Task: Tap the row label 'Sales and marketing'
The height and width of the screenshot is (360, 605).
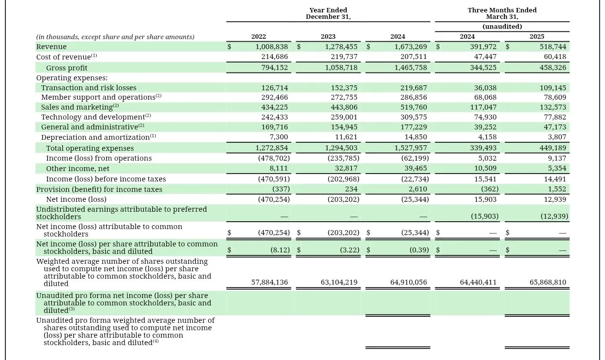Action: pyautogui.click(x=77, y=107)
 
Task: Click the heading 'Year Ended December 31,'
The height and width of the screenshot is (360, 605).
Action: pyautogui.click(x=328, y=13)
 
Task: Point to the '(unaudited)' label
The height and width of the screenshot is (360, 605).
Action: pyautogui.click(x=502, y=26)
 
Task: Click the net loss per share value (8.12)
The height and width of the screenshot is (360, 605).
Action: pyautogui.click(x=280, y=250)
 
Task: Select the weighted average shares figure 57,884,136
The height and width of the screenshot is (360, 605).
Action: pyautogui.click(x=269, y=283)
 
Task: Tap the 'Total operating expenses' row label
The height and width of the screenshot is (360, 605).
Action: pyautogui.click(x=90, y=148)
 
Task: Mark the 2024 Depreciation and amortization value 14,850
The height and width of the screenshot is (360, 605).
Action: pyautogui.click(x=416, y=137)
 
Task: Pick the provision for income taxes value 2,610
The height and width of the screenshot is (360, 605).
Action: pyautogui.click(x=418, y=189)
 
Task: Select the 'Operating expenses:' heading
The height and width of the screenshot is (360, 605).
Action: pyautogui.click(x=72, y=78)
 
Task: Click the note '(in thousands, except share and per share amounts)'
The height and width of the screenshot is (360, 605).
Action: pyautogui.click(x=115, y=37)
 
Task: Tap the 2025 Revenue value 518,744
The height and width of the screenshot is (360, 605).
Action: pyautogui.click(x=552, y=47)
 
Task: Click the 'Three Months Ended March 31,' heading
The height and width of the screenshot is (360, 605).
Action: pyautogui.click(x=502, y=13)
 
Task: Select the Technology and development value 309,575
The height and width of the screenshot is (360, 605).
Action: pyautogui.click(x=414, y=117)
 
